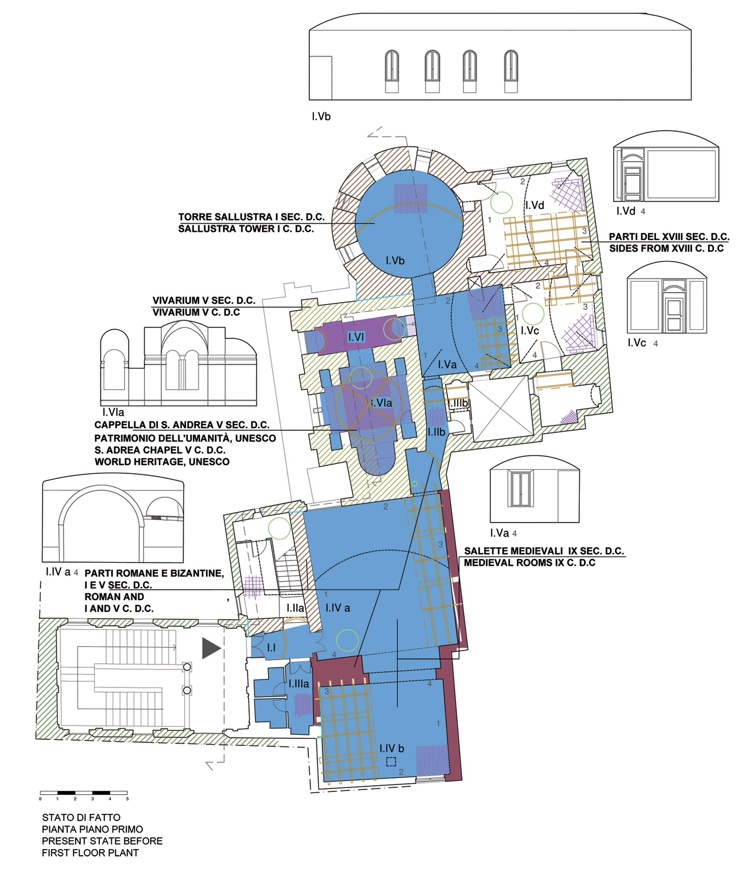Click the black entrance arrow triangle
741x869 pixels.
pyautogui.click(x=211, y=648)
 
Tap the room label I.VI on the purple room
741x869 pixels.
pyautogui.click(x=356, y=337)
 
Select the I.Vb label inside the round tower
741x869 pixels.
pyautogui.click(x=395, y=261)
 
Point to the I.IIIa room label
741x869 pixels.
pyautogui.click(x=299, y=684)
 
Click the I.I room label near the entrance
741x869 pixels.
pyautogui.click(x=271, y=648)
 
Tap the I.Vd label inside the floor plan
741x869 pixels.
pyautogui.click(x=535, y=205)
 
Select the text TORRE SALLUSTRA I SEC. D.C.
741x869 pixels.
pyautogui.click(x=251, y=217)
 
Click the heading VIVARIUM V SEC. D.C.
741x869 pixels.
pyautogui.click(x=204, y=300)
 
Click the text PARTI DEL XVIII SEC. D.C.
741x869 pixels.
pyautogui.click(x=669, y=236)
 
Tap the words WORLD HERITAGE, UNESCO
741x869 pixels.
pyautogui.click(x=162, y=462)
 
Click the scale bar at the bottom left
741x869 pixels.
pyautogui.click(x=84, y=793)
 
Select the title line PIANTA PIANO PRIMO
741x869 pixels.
pyautogui.click(x=92, y=829)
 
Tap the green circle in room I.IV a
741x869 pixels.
pyautogui.click(x=347, y=641)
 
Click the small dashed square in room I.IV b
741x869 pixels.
pyautogui.click(x=391, y=761)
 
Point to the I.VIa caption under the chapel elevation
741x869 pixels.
pyautogui.click(x=113, y=412)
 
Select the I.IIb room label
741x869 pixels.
pyautogui.click(x=436, y=432)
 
